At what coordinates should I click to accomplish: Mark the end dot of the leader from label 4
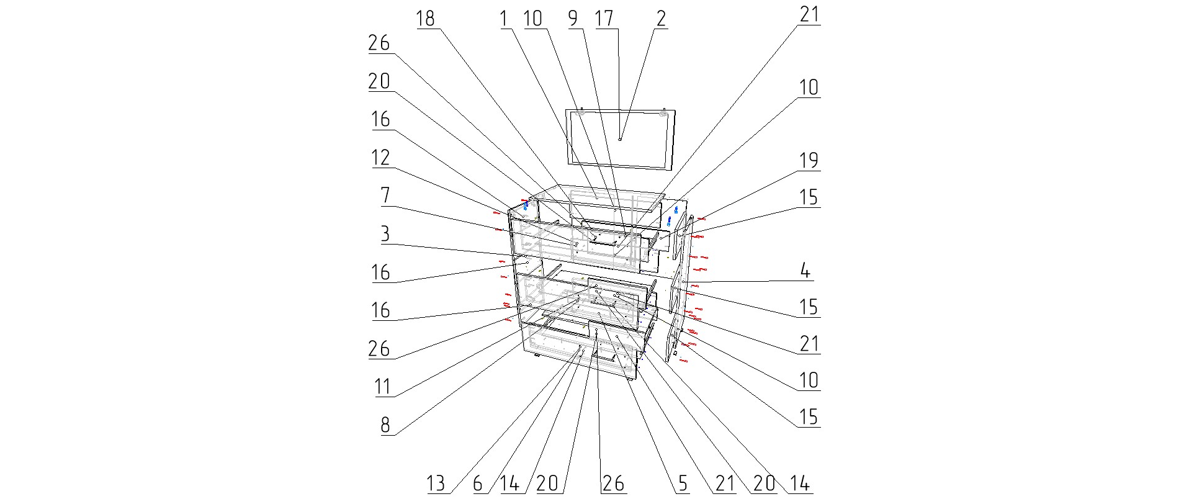(x=681, y=283)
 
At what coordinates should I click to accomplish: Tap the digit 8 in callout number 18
(x=430, y=19)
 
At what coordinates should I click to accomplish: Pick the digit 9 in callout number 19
(x=814, y=161)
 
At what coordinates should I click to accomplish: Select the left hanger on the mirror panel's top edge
(x=581, y=112)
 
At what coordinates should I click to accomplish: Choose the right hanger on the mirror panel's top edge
(x=663, y=114)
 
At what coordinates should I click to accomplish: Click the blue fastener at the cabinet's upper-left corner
(x=526, y=205)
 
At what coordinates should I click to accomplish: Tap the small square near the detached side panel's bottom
(x=675, y=353)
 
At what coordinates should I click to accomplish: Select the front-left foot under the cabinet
(x=537, y=356)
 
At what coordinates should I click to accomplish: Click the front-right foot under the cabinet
(x=630, y=378)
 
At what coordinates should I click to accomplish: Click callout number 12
(x=380, y=158)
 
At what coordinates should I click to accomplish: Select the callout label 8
(x=385, y=425)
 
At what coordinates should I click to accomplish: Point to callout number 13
(x=436, y=483)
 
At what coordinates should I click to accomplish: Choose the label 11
(x=382, y=387)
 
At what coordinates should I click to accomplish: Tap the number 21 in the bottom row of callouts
(x=725, y=483)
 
